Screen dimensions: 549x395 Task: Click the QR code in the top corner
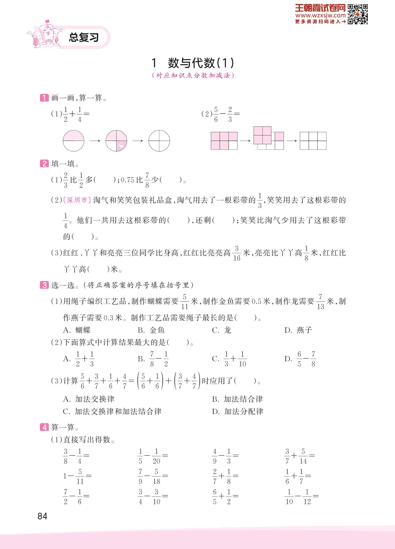358,14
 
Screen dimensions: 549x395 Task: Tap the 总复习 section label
84,38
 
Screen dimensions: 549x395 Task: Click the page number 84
42,516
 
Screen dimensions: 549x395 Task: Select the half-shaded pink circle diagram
73,141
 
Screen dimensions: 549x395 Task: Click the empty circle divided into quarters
159,141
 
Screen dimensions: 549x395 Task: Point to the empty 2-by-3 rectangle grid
313,141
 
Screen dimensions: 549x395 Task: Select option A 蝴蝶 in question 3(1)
77,330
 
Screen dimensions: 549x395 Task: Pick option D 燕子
298,330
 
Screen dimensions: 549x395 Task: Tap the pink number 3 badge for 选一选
44,285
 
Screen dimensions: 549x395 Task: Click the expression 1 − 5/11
77,476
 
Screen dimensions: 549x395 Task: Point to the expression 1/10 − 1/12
301,496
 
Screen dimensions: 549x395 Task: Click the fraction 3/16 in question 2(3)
237,253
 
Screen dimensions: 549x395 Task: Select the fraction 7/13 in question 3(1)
320,302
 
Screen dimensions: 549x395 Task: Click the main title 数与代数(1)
193,63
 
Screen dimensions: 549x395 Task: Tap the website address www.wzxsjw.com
321,15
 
